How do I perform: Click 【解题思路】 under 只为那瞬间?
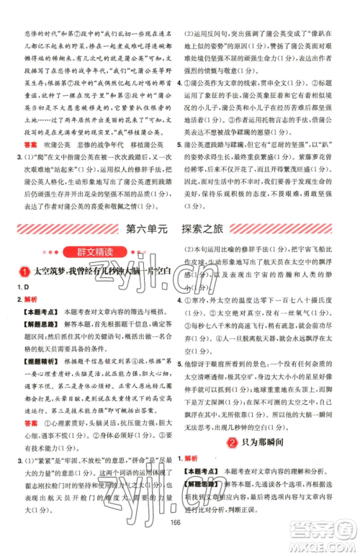coord(209,483)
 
